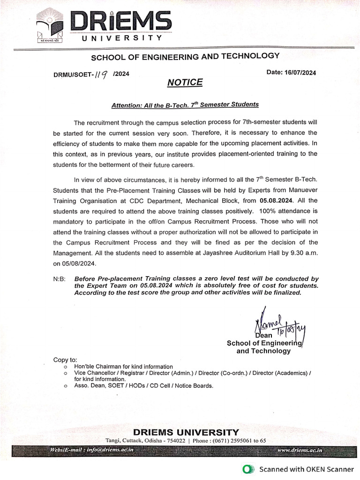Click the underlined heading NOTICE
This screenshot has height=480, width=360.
[x=185, y=83]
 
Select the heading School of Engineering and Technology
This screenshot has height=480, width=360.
[x=185, y=57]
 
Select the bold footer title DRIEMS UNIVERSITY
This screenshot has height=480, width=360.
[x=186, y=432]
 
